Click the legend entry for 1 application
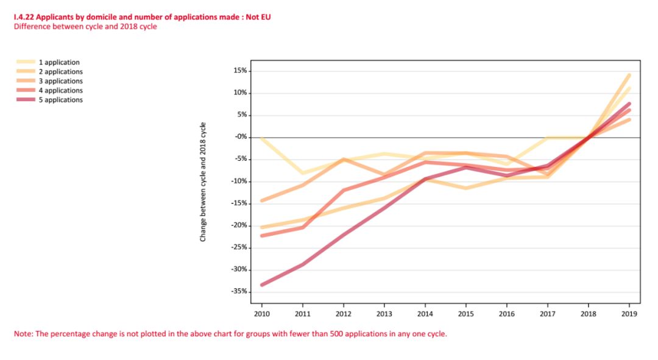pyautogui.click(x=59, y=62)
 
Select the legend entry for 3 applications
pyautogui.click(x=60, y=81)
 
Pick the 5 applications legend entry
pyautogui.click(x=60, y=100)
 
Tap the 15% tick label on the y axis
pyautogui.click(x=239, y=71)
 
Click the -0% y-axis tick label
pyautogui.click(x=240, y=137)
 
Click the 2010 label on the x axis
pyautogui.click(x=262, y=313)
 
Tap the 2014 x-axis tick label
pyautogui.click(x=425, y=313)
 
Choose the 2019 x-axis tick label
pyautogui.click(x=629, y=313)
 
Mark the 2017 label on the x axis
pyautogui.click(x=548, y=313)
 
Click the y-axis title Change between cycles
pyautogui.click(x=203, y=182)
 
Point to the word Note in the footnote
pyautogui.click(x=22, y=334)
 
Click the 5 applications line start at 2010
pyautogui.click(x=262, y=284)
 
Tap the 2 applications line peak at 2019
pyautogui.click(x=629, y=75)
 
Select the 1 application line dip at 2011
pyautogui.click(x=303, y=173)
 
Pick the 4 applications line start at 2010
pyautogui.click(x=262, y=235)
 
